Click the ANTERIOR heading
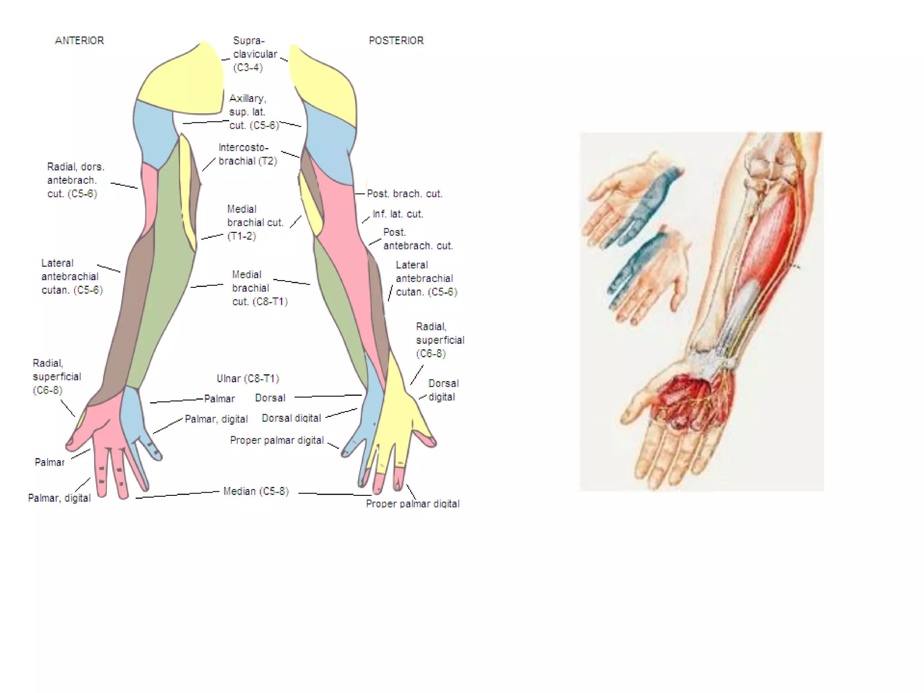(x=79, y=41)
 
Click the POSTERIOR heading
(x=396, y=41)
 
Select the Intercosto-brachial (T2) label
(x=247, y=154)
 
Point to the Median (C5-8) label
(x=256, y=491)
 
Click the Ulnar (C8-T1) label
(x=248, y=379)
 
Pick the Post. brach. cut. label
(x=405, y=194)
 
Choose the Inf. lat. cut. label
(x=398, y=214)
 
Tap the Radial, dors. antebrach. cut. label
(x=75, y=180)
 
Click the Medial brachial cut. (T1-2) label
(x=255, y=222)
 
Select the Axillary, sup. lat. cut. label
(x=254, y=111)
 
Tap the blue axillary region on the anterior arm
(x=153, y=131)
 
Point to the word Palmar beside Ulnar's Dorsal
(x=219, y=399)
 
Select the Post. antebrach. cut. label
(x=417, y=239)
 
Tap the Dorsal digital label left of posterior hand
(x=291, y=418)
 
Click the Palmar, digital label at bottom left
(x=59, y=498)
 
